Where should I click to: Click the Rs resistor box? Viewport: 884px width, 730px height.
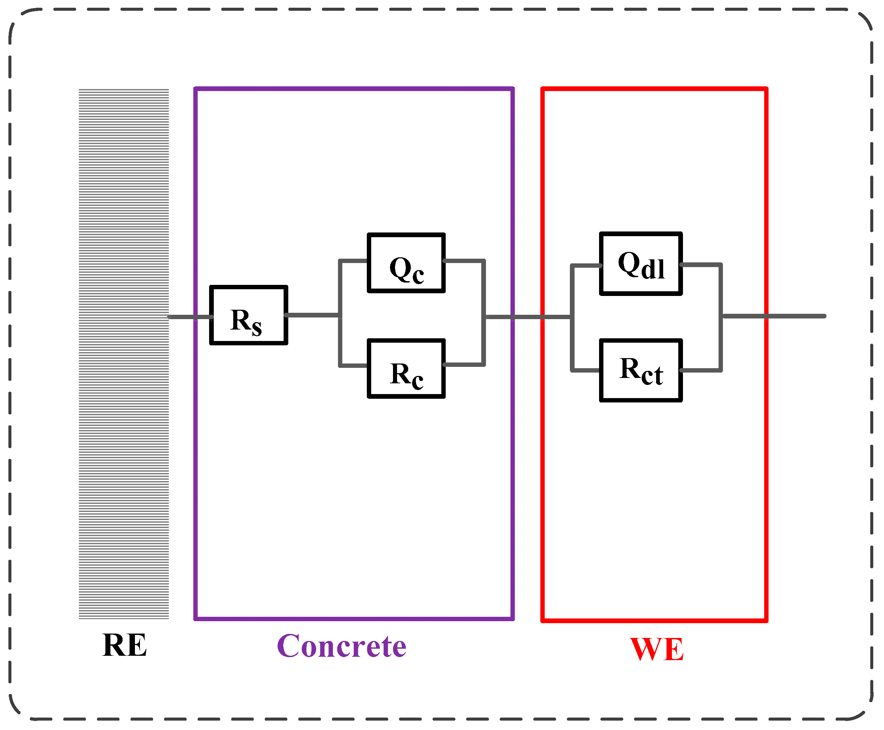click(x=248, y=315)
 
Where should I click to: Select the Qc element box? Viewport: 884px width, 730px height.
click(x=406, y=263)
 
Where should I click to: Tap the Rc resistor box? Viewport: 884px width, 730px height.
click(x=406, y=369)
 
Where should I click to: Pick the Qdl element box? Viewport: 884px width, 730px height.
click(x=640, y=264)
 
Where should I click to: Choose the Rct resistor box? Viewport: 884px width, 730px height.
click(x=640, y=371)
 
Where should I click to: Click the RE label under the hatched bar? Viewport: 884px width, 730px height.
click(x=125, y=645)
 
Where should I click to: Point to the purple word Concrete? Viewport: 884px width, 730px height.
click(x=341, y=646)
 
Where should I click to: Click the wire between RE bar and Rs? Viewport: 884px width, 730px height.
click(x=189, y=317)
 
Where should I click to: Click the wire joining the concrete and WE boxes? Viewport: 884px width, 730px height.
click(x=528, y=317)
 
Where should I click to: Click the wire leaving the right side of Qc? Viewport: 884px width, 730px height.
click(x=464, y=261)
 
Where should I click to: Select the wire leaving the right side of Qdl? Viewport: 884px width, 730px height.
click(x=701, y=264)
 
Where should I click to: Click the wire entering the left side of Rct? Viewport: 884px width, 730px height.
click(x=585, y=371)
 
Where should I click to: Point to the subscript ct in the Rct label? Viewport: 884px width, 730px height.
click(x=652, y=376)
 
